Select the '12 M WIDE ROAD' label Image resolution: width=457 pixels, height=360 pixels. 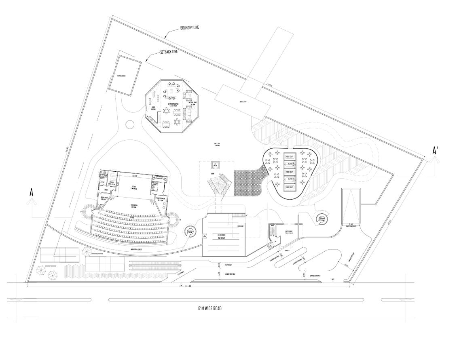(204, 309)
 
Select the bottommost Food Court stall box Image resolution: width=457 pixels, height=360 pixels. (290, 187)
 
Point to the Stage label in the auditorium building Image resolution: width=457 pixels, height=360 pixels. (134, 187)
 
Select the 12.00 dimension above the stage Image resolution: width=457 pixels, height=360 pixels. (134, 177)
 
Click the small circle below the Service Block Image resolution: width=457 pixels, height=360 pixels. (130, 124)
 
